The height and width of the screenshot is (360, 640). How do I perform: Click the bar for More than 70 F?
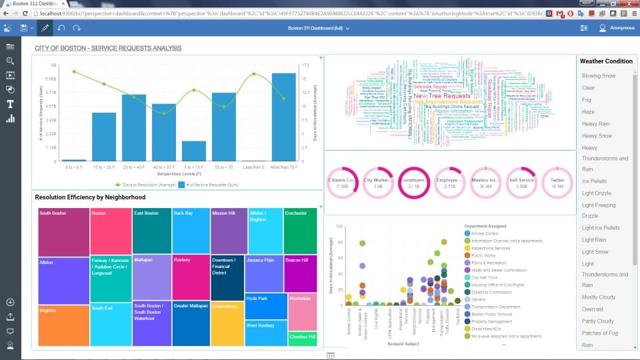(283, 117)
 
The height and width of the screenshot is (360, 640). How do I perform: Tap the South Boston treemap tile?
(63, 231)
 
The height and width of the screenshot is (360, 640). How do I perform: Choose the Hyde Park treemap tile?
(265, 305)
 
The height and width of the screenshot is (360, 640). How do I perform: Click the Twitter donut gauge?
(557, 183)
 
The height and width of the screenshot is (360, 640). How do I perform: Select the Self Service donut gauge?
(521, 183)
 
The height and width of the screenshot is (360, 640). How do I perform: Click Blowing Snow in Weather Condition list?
(598, 76)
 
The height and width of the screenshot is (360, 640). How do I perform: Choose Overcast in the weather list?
(592, 309)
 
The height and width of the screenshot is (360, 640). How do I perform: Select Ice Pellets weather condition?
(594, 181)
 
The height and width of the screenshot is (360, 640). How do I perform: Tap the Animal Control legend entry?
(485, 234)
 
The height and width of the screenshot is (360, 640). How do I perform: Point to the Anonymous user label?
(622, 28)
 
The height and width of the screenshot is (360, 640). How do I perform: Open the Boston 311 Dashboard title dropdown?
(319, 28)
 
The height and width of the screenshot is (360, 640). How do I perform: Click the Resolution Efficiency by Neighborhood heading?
(90, 197)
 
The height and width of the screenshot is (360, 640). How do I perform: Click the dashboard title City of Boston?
(108, 48)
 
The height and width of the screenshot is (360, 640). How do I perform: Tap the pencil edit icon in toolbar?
(45, 28)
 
